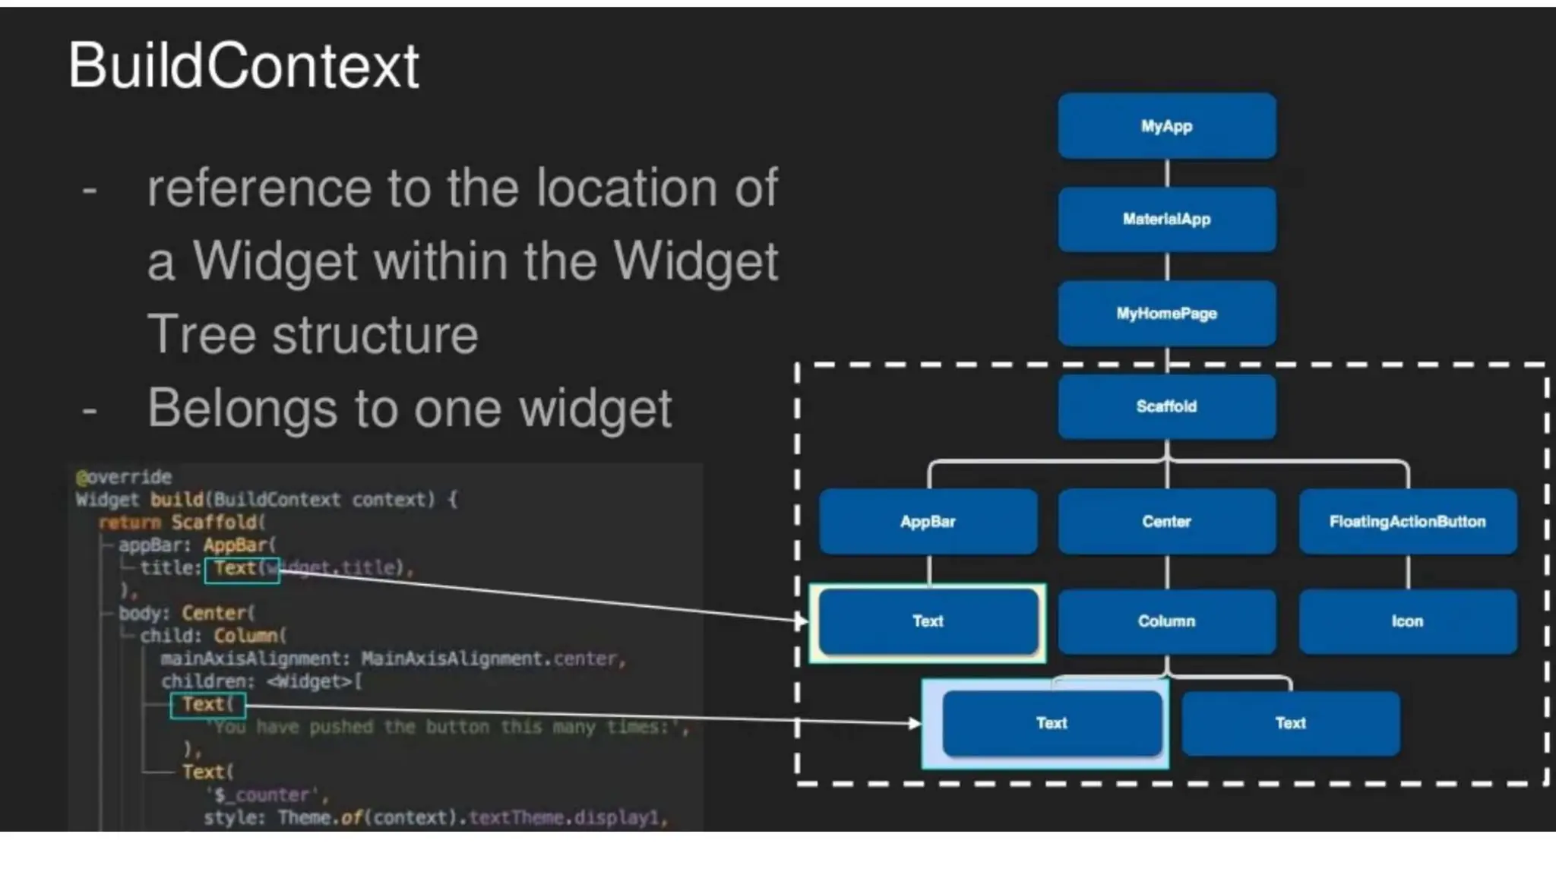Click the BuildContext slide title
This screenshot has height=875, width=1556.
point(243,66)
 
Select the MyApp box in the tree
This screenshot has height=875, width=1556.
point(1166,126)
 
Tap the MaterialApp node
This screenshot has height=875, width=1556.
point(1166,220)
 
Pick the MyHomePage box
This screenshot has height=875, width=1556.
point(1166,314)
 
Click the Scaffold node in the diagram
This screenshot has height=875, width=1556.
point(1166,406)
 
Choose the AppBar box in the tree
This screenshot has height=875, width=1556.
point(928,522)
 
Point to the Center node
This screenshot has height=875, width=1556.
point(1166,522)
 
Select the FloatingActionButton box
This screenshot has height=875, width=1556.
point(1407,522)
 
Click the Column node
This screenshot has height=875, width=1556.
point(1166,621)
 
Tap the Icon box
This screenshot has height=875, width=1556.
point(1407,621)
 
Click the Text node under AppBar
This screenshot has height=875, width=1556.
point(928,621)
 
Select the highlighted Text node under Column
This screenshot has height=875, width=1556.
point(1052,723)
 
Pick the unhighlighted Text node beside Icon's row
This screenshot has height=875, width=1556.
point(1290,723)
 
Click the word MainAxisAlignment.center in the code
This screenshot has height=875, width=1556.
point(493,659)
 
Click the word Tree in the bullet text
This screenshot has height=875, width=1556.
point(201,334)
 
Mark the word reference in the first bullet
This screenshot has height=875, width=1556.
point(259,188)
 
